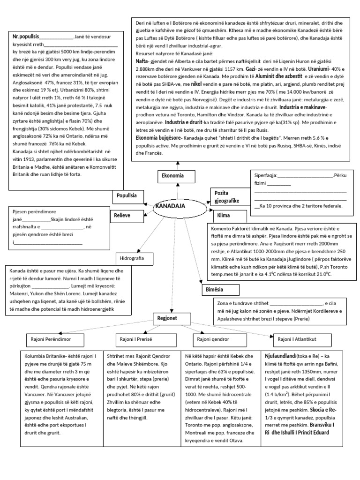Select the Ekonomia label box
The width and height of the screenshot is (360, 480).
172,177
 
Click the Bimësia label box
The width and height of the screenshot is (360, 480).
215,289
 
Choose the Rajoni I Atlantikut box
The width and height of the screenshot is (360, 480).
304,339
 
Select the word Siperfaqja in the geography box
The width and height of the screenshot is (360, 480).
265,176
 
